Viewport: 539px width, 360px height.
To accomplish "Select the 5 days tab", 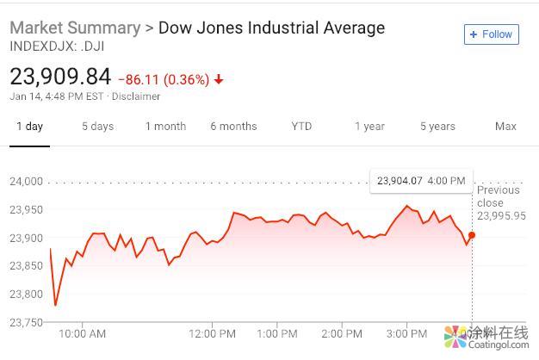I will click(97, 127).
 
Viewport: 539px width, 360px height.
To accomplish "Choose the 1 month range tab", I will click(165, 127).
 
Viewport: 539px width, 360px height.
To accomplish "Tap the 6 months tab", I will click(233, 127).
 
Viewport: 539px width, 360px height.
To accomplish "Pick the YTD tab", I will click(301, 127).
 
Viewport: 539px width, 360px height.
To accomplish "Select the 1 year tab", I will click(369, 127).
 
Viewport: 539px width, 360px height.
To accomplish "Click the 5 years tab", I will click(437, 127).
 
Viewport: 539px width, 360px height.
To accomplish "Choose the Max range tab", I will click(505, 127).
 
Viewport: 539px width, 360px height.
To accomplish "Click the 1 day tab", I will click(29, 127).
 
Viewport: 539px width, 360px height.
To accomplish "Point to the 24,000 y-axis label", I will click(26, 182).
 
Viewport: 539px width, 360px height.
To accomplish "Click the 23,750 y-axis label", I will click(26, 322).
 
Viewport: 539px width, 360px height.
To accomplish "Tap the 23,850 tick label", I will click(26, 266).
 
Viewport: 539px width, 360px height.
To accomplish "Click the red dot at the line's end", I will click(472, 235).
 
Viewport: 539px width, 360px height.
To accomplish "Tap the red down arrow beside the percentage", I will click(219, 80).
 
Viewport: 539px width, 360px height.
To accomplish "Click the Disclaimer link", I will click(136, 96).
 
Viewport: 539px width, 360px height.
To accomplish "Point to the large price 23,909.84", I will click(60, 78).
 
